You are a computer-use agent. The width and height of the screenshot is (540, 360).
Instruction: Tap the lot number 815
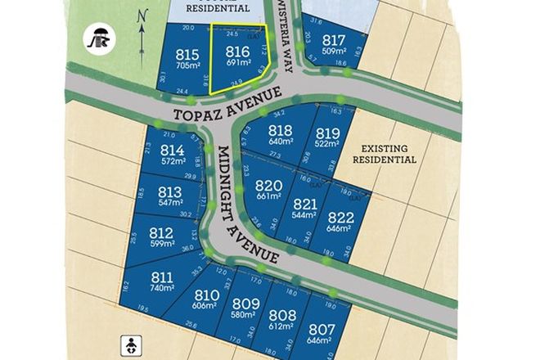click(x=187, y=56)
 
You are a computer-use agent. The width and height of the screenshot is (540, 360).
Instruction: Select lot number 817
click(x=334, y=41)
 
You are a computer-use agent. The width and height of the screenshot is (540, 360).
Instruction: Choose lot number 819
click(x=327, y=134)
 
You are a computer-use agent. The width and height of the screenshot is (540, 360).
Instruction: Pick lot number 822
click(x=340, y=217)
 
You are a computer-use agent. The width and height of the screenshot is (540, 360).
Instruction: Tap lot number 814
click(x=172, y=151)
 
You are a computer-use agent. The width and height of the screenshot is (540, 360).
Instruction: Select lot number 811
click(x=162, y=277)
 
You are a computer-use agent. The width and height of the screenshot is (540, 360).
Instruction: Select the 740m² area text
click(x=162, y=288)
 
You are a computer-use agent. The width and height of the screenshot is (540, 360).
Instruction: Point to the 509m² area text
click(x=334, y=52)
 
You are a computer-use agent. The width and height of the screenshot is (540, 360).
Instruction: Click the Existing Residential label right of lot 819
click(x=384, y=154)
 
